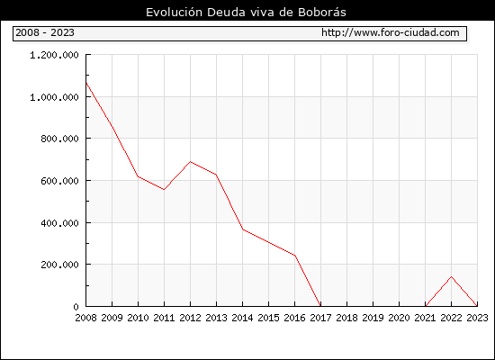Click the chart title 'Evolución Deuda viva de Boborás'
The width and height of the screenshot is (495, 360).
click(246, 13)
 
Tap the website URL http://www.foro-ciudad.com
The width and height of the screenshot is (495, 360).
click(391, 32)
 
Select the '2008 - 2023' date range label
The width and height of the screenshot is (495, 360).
click(45, 32)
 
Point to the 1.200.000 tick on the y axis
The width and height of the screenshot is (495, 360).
click(54, 55)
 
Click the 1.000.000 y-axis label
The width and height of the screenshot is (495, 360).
click(54, 97)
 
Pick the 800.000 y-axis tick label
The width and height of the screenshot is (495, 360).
click(59, 139)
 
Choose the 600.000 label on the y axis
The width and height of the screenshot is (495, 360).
click(59, 181)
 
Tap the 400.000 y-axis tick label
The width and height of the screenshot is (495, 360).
click(59, 223)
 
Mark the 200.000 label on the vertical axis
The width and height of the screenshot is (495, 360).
click(59, 265)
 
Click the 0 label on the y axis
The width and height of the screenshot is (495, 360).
click(76, 307)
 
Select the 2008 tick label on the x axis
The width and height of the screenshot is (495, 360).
click(85, 318)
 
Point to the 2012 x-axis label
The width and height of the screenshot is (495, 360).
click(190, 318)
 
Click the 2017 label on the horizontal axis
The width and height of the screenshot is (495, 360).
click(320, 318)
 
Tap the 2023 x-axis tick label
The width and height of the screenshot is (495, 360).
click(477, 318)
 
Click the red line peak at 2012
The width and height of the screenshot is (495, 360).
click(190, 162)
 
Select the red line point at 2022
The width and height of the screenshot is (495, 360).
click(452, 276)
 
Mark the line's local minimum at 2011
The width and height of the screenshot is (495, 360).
click(164, 190)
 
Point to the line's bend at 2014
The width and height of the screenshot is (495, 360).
click(242, 229)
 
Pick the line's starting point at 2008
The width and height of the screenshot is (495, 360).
click(86, 83)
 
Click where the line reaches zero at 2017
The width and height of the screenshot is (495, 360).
click(320, 306)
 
